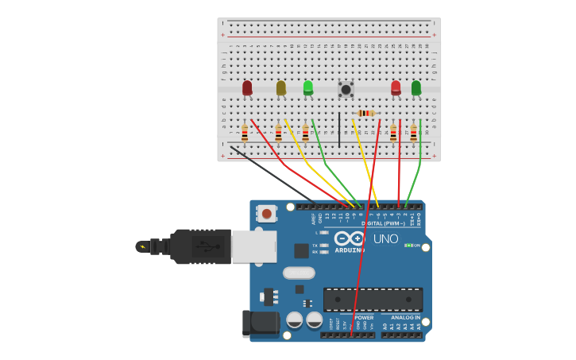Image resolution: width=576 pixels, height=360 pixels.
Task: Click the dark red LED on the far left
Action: coord(247,87)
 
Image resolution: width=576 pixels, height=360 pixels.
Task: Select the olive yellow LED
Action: coord(280,87)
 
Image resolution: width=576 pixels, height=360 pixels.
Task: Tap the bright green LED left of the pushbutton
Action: coord(308,87)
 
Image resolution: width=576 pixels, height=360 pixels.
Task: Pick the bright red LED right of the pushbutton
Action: coord(396,87)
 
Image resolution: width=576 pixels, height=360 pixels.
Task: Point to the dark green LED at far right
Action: coord(416,87)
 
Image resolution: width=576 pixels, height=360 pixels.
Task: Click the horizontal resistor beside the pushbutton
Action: coord(365,114)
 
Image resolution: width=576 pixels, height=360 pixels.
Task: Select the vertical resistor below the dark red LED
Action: coord(245,133)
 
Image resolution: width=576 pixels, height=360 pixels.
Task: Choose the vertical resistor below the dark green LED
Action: coord(413,133)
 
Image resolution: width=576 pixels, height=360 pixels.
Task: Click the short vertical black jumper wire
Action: coord(339,130)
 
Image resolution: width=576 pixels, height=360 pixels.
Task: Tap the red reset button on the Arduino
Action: coord(267,213)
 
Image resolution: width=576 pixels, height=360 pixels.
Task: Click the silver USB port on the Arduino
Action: coord(254,246)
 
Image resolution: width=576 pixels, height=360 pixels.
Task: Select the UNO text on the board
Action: coord(385,239)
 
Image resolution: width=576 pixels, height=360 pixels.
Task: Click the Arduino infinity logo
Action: coord(349,238)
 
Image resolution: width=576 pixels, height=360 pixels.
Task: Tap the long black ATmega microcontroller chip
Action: coord(373,300)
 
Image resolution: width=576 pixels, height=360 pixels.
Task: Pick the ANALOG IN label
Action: coord(405,317)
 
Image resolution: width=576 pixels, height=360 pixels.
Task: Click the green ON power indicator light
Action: coord(408,246)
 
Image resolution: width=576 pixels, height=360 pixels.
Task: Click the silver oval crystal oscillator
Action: coord(299,273)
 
